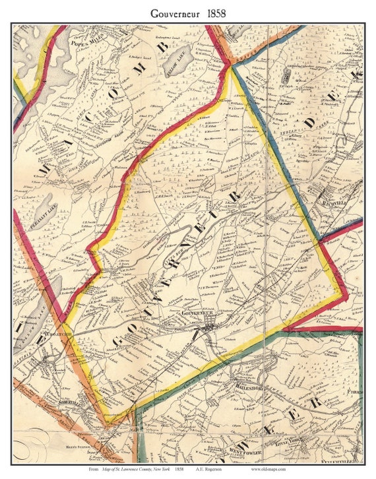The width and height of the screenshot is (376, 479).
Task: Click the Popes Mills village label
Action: (84, 40)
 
